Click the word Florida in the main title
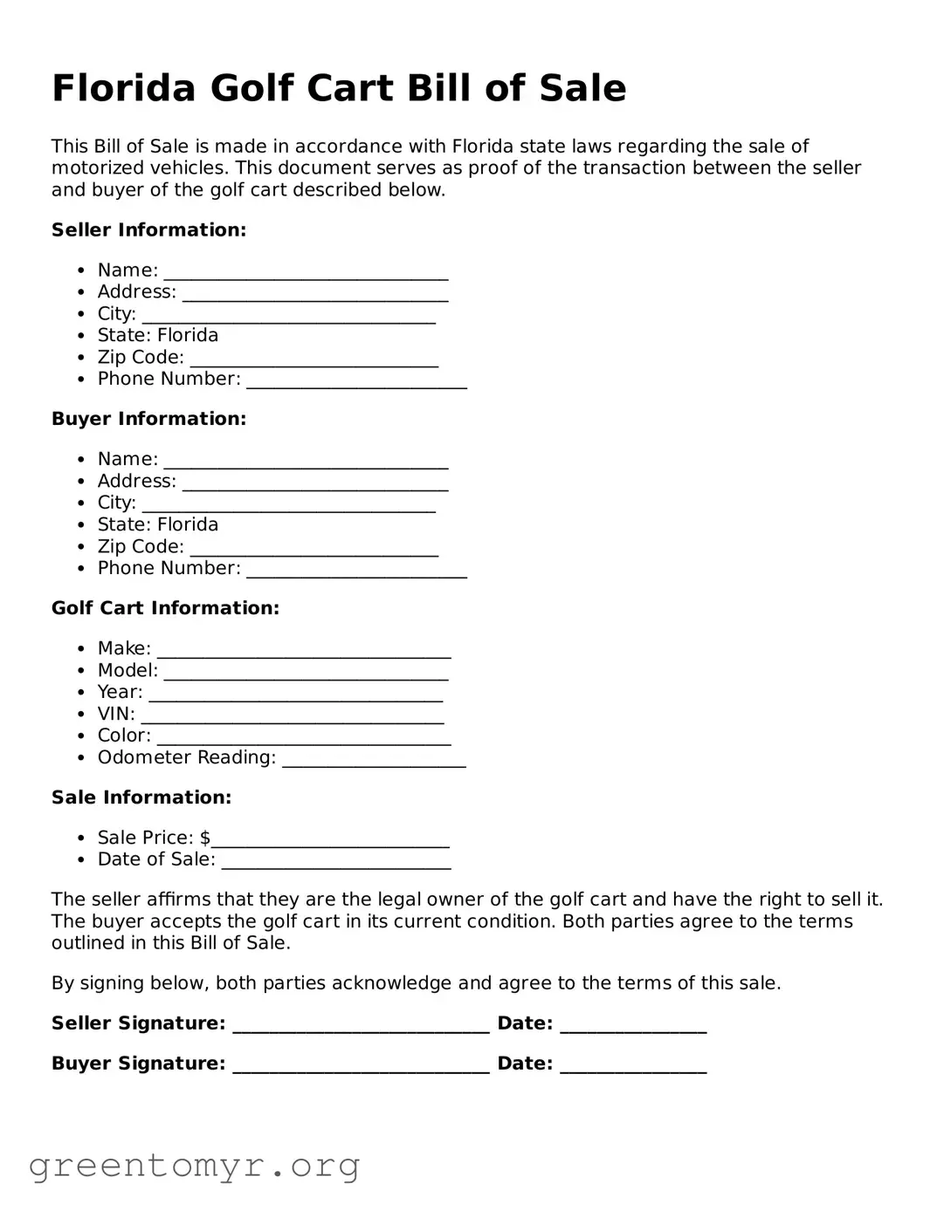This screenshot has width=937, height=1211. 123,89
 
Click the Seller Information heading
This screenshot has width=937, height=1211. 148,230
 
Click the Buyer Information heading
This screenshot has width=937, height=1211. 148,420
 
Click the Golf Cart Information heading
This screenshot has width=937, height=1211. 165,608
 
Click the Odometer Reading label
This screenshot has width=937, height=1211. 186,757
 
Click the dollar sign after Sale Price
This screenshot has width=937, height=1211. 205,838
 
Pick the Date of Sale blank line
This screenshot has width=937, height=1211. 336,864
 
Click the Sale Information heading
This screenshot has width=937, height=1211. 141,797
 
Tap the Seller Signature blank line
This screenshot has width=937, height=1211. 361,1028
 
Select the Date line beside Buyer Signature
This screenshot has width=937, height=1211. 633,1068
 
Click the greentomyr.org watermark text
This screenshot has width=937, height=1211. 194,1166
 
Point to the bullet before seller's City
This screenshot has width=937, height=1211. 81,314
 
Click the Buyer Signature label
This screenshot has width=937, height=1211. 138,1064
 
